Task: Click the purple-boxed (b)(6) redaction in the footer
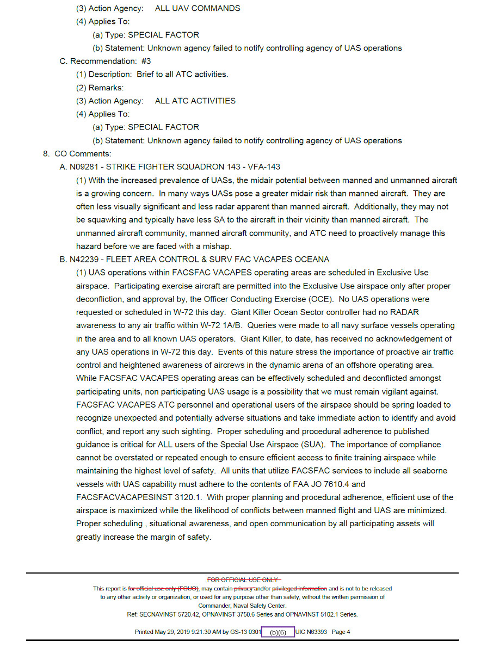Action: tap(278, 632)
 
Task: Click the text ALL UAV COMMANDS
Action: tap(198, 9)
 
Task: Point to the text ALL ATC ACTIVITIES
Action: tap(195, 101)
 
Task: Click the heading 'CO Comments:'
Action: tap(83, 154)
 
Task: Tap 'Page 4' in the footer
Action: tap(341, 632)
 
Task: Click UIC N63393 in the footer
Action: tap(311, 632)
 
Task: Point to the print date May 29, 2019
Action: tap(175, 632)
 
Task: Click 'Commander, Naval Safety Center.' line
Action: tap(242, 606)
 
